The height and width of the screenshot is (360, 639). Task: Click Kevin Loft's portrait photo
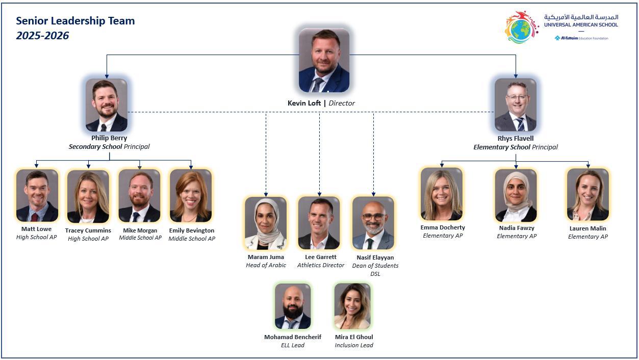click(x=324, y=60)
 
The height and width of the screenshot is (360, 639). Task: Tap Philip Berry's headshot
click(x=107, y=105)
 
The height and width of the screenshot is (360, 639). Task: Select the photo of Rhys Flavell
click(x=516, y=105)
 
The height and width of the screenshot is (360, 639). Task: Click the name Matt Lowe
click(x=36, y=229)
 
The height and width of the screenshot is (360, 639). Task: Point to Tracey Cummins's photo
click(x=88, y=196)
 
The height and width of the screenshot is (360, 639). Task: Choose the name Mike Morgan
click(x=140, y=230)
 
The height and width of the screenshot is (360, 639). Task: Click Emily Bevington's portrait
click(x=191, y=196)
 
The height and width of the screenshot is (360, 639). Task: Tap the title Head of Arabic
click(x=266, y=265)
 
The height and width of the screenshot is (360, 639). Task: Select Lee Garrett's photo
click(x=319, y=223)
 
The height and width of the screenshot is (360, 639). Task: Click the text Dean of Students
click(x=375, y=266)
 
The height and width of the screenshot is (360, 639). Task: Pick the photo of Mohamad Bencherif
click(x=293, y=306)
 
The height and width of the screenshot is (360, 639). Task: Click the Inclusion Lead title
click(x=354, y=345)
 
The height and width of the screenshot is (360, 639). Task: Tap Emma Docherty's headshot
click(x=442, y=194)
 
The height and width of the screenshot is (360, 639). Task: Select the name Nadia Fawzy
click(x=517, y=228)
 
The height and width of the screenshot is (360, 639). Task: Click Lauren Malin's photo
click(x=587, y=195)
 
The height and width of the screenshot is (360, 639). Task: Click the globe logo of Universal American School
click(x=521, y=28)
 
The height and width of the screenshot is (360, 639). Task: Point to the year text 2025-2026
click(x=42, y=36)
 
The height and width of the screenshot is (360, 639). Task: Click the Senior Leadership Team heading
click(x=75, y=21)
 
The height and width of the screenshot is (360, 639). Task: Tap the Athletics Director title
click(x=321, y=265)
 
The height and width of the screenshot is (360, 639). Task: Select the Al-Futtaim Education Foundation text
click(x=581, y=38)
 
